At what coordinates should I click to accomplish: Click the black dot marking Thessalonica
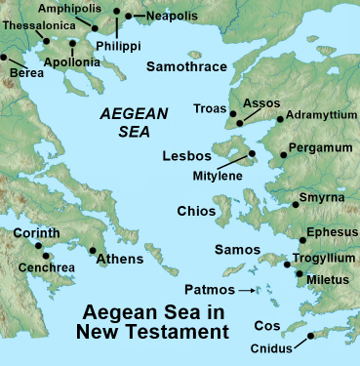click(46, 41)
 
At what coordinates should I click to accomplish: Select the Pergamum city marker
click(284, 153)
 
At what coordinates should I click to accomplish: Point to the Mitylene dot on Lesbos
click(251, 153)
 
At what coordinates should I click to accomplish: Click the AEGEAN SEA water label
click(133, 124)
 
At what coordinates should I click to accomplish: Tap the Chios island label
click(196, 211)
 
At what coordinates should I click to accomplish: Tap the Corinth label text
click(36, 233)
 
